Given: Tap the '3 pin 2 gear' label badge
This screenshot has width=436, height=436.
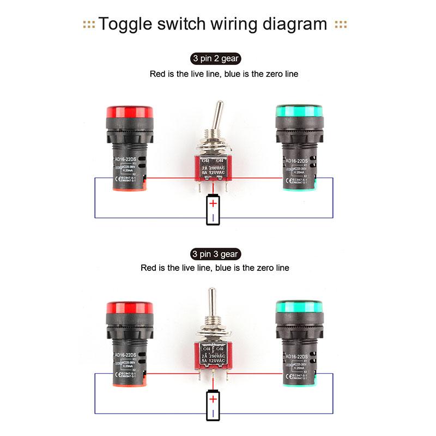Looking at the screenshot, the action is tap(215, 59).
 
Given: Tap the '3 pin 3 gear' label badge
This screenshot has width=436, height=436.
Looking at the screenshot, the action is tap(215, 254).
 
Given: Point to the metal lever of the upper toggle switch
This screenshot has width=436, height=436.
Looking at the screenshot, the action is tap(218, 115).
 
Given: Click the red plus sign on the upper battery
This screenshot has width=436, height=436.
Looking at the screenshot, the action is tap(213, 204).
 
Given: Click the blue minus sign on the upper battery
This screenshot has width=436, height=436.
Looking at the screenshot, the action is tap(213, 218).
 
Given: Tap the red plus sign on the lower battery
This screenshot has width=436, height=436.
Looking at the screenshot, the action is tap(213, 399).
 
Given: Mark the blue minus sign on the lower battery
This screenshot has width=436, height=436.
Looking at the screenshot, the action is tap(213, 414).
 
